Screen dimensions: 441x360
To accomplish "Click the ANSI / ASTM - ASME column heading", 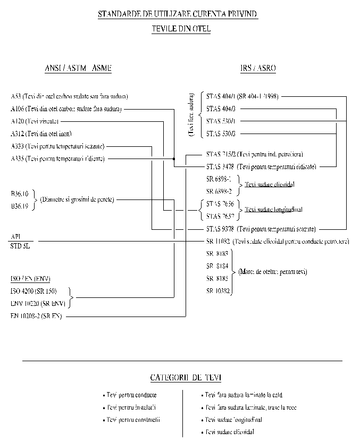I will [78, 68].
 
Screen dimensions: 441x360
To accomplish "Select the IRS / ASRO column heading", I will [258, 68].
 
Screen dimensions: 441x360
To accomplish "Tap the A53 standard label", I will [16, 96].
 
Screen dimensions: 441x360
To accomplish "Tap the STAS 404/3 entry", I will [221, 109].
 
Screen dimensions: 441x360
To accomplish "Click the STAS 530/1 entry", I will [221, 121].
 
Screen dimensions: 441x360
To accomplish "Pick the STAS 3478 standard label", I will [220, 167].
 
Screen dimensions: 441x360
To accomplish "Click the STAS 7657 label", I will [221, 215].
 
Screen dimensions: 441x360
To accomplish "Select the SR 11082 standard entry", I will [218, 241].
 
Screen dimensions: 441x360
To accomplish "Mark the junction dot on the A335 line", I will [174, 159].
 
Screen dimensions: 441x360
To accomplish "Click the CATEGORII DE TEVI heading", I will [186, 378].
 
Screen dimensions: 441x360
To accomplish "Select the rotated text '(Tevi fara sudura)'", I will [191, 115].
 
